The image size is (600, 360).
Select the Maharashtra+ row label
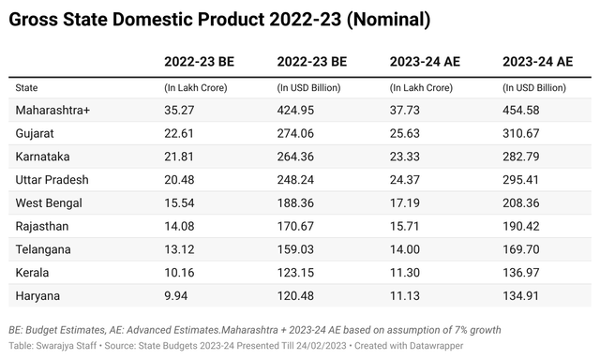(52, 111)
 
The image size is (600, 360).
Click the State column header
(27, 87)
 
